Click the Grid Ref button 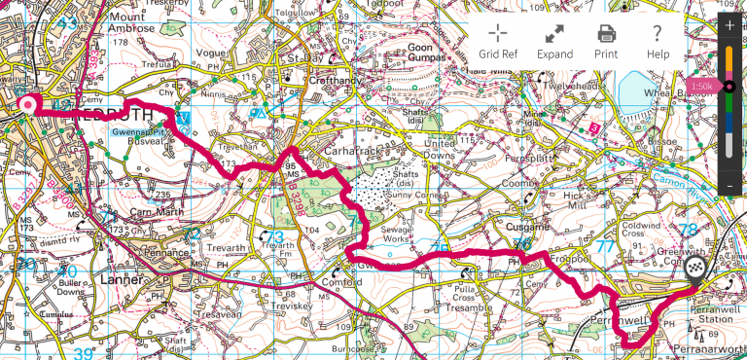(x=497, y=42)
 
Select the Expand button (x=553, y=42)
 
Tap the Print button (x=606, y=42)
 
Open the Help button (x=658, y=42)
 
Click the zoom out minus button (x=729, y=186)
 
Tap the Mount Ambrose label (x=133, y=23)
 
